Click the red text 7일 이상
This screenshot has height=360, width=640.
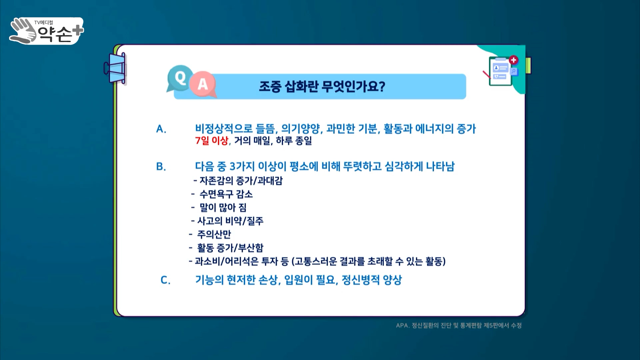[212, 140]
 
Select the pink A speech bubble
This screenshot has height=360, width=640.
[203, 85]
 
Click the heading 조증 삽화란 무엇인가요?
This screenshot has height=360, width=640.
[322, 87]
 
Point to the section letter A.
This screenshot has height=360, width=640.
[161, 129]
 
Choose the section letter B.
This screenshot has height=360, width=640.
[161, 166]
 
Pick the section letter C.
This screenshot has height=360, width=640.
[165, 280]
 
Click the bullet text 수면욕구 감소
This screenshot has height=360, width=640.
[226, 194]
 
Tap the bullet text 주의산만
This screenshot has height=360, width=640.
[214, 234]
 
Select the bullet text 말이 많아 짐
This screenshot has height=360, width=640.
[223, 207]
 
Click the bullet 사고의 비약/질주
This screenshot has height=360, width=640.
[230, 221]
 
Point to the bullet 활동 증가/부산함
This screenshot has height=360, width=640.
[230, 248]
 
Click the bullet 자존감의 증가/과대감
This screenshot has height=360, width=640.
[241, 181]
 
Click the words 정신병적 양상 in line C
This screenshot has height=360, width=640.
[372, 280]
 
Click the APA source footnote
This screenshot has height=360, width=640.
[459, 325]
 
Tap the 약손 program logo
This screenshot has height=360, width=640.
[47, 31]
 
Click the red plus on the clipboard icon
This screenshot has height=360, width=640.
[513, 60]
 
